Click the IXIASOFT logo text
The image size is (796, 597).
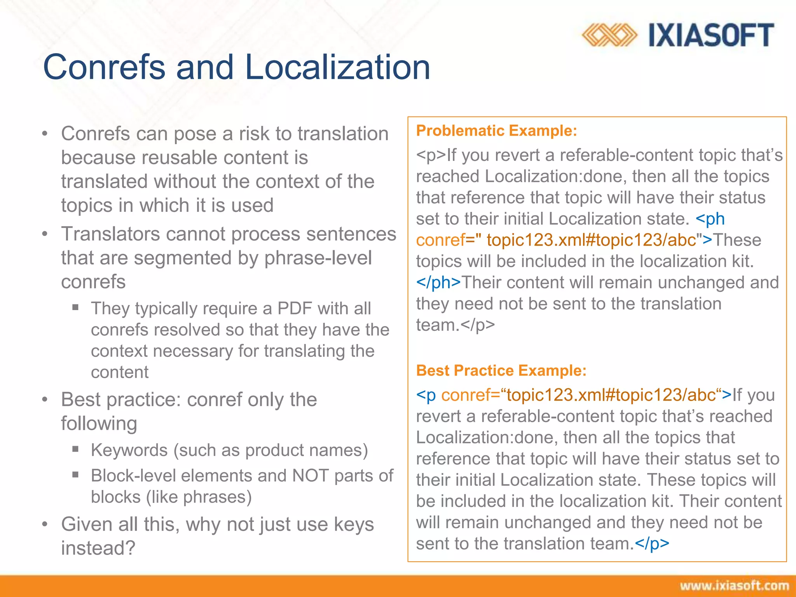pyautogui.click(x=711, y=35)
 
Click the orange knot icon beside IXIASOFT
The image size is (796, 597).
pyautogui.click(x=609, y=35)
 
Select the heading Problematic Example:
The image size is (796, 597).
pyautogui.click(x=496, y=131)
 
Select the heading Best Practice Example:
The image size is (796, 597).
pyautogui.click(x=501, y=370)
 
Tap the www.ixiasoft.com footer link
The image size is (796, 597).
pyautogui.click(x=734, y=586)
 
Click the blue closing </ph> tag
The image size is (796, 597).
pyautogui.click(x=438, y=283)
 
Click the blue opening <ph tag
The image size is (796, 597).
pyautogui.click(x=710, y=219)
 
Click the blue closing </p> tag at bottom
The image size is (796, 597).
pyautogui.click(x=652, y=543)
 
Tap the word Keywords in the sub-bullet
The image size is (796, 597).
pyautogui.click(x=129, y=450)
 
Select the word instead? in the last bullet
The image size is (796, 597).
pyautogui.click(x=98, y=548)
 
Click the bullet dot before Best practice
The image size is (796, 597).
pyautogui.click(x=45, y=400)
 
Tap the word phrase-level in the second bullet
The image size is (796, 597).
pyautogui.click(x=318, y=258)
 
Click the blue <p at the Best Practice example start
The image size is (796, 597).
pyautogui.click(x=426, y=395)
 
